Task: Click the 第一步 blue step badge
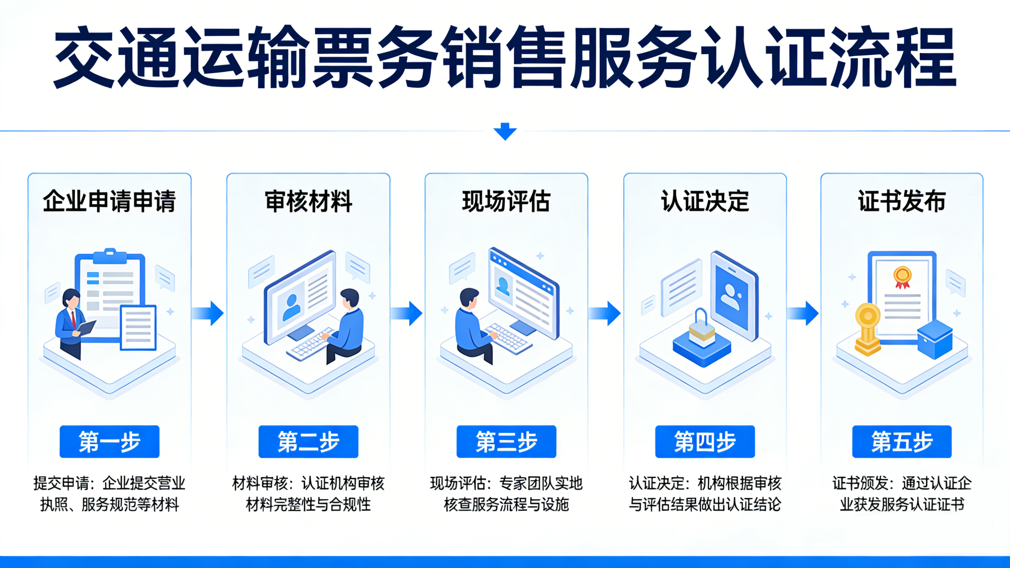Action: click(x=110, y=441)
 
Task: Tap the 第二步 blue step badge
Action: click(x=308, y=441)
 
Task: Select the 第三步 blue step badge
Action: click(x=506, y=441)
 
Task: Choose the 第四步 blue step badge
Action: click(x=705, y=441)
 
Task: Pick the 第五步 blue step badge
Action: click(x=902, y=441)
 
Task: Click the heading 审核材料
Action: click(x=308, y=201)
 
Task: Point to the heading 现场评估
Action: click(x=506, y=201)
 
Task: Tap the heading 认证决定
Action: click(x=705, y=201)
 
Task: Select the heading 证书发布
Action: click(x=902, y=201)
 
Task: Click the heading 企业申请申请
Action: click(x=110, y=201)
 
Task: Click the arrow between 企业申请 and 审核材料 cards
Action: click(x=209, y=313)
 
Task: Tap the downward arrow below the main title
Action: click(x=505, y=131)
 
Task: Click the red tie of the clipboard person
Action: click(x=73, y=320)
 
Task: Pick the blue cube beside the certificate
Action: click(x=935, y=339)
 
